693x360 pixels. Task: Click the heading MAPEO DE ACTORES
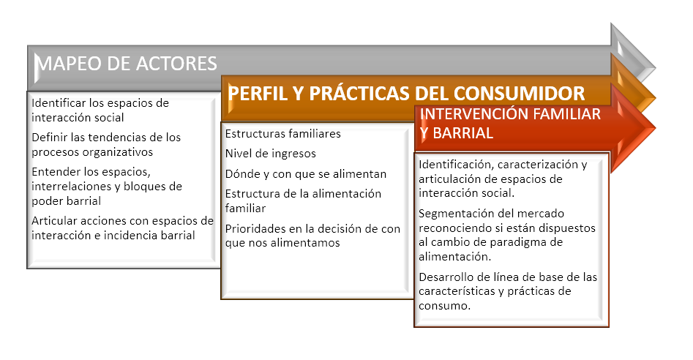click(x=126, y=64)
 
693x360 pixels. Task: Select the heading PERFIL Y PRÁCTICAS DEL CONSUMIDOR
click(x=406, y=94)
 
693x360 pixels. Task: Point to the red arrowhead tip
click(x=655, y=129)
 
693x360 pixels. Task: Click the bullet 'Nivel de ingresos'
click(x=271, y=154)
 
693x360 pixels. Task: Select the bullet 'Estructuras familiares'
click(x=283, y=134)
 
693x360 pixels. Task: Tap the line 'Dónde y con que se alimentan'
click(x=306, y=174)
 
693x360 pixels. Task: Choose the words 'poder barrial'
click(x=67, y=201)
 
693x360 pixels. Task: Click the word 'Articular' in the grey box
click(x=54, y=221)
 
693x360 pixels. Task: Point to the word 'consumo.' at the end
click(x=444, y=306)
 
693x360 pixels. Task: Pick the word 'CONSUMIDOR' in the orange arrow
click(x=520, y=94)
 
